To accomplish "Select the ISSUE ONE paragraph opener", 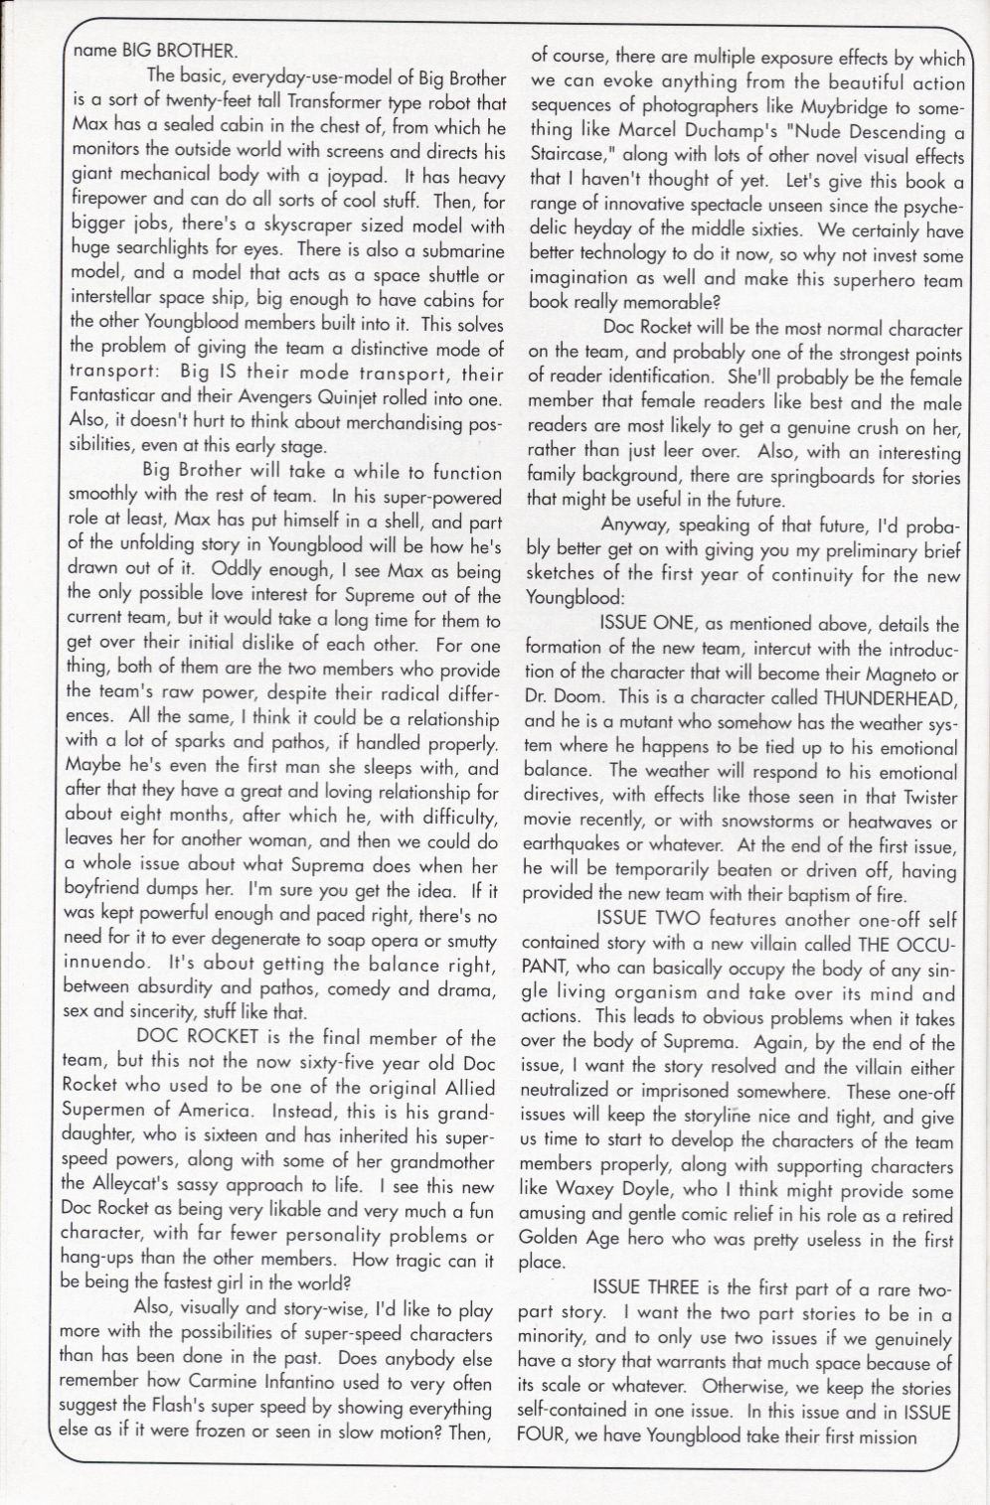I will point(648,624).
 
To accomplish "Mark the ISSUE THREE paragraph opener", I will point(653,1288).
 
